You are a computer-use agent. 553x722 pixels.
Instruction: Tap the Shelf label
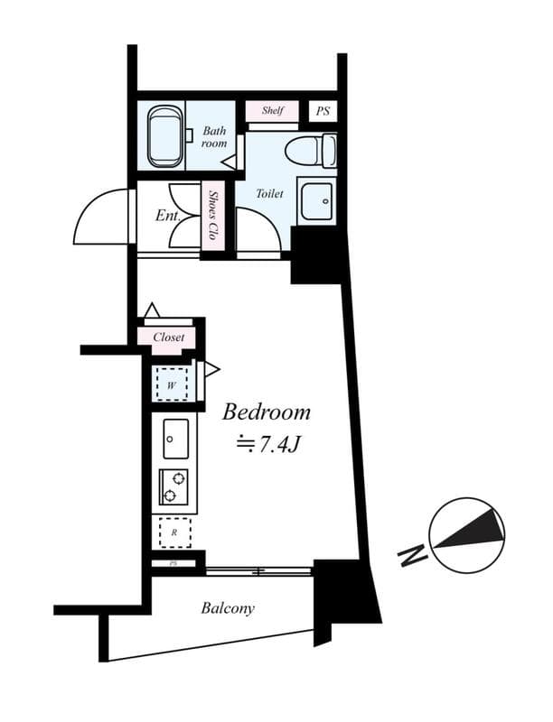tap(273, 111)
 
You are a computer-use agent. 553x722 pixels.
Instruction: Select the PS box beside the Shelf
tap(323, 111)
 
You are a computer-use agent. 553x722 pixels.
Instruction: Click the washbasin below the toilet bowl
tap(317, 201)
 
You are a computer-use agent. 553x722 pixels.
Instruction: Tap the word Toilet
tap(269, 193)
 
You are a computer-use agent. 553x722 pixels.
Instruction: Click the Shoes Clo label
tap(215, 214)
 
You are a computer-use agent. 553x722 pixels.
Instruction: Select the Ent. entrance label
tap(168, 217)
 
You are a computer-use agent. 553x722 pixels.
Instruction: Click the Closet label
tap(168, 338)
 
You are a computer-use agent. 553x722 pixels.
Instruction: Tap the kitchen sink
tap(175, 439)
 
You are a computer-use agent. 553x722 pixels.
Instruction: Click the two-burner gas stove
tap(174, 487)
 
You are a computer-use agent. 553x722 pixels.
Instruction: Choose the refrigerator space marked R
tap(174, 532)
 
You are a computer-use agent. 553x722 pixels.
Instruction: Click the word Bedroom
tap(267, 412)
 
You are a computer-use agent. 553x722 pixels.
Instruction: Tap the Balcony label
tap(228, 608)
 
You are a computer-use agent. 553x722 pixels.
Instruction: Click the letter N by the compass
tap(413, 555)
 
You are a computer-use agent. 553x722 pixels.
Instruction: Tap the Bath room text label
tap(214, 136)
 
